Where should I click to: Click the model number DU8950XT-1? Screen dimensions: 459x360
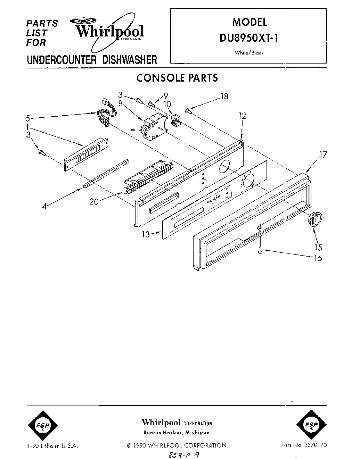(x=249, y=38)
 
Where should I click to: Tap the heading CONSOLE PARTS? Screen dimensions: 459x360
(x=177, y=78)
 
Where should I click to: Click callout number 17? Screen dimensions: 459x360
(x=323, y=155)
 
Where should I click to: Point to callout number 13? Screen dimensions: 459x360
(x=146, y=234)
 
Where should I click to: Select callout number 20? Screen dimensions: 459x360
(x=94, y=201)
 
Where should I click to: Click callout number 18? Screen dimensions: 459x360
(x=224, y=97)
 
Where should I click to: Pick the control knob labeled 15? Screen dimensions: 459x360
(x=314, y=218)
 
